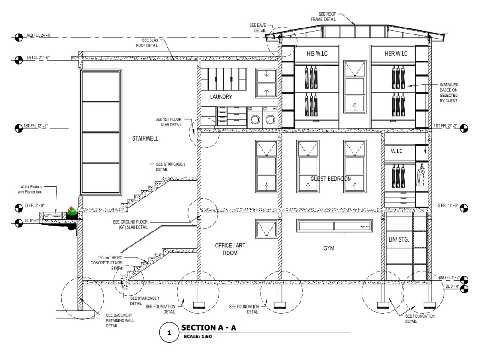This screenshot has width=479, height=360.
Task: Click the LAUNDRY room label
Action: (x=222, y=97)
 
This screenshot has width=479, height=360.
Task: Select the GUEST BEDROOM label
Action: (x=330, y=179)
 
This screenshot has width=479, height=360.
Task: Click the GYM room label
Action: (x=328, y=248)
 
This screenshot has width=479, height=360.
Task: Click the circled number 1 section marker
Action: (x=169, y=332)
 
